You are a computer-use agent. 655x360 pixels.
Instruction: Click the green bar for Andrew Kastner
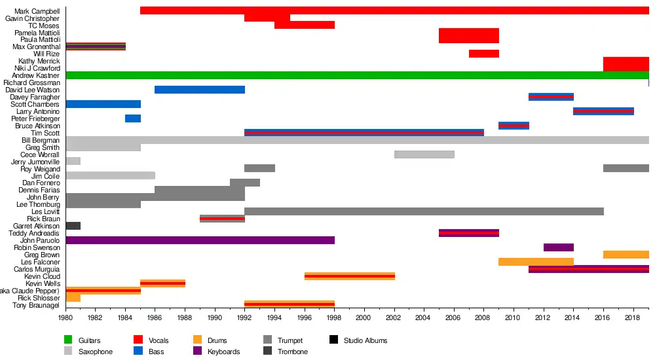click(357, 75)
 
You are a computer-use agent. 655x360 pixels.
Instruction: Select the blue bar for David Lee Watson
click(199, 90)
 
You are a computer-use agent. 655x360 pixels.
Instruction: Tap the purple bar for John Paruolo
click(200, 240)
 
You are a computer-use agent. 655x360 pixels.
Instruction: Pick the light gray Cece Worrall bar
click(424, 154)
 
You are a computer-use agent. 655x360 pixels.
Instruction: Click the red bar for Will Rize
click(483, 54)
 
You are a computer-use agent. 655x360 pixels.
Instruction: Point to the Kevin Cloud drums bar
click(349, 276)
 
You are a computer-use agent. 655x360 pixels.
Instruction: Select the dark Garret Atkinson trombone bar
click(73, 226)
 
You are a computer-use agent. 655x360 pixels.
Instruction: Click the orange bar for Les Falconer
click(536, 262)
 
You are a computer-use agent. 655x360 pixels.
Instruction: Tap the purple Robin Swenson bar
click(558, 247)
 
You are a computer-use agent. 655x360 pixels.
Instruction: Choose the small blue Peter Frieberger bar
click(133, 118)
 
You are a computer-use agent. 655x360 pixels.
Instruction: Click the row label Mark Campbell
click(37, 11)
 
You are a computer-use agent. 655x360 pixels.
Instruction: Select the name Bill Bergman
click(41, 140)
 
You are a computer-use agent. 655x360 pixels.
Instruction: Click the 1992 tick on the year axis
click(244, 317)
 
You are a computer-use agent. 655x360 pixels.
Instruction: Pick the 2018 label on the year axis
click(633, 317)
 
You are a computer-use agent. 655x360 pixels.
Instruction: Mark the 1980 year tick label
click(65, 317)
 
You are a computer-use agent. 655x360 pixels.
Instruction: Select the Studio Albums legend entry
click(365, 340)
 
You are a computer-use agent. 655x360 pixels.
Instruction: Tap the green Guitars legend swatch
click(68, 340)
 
